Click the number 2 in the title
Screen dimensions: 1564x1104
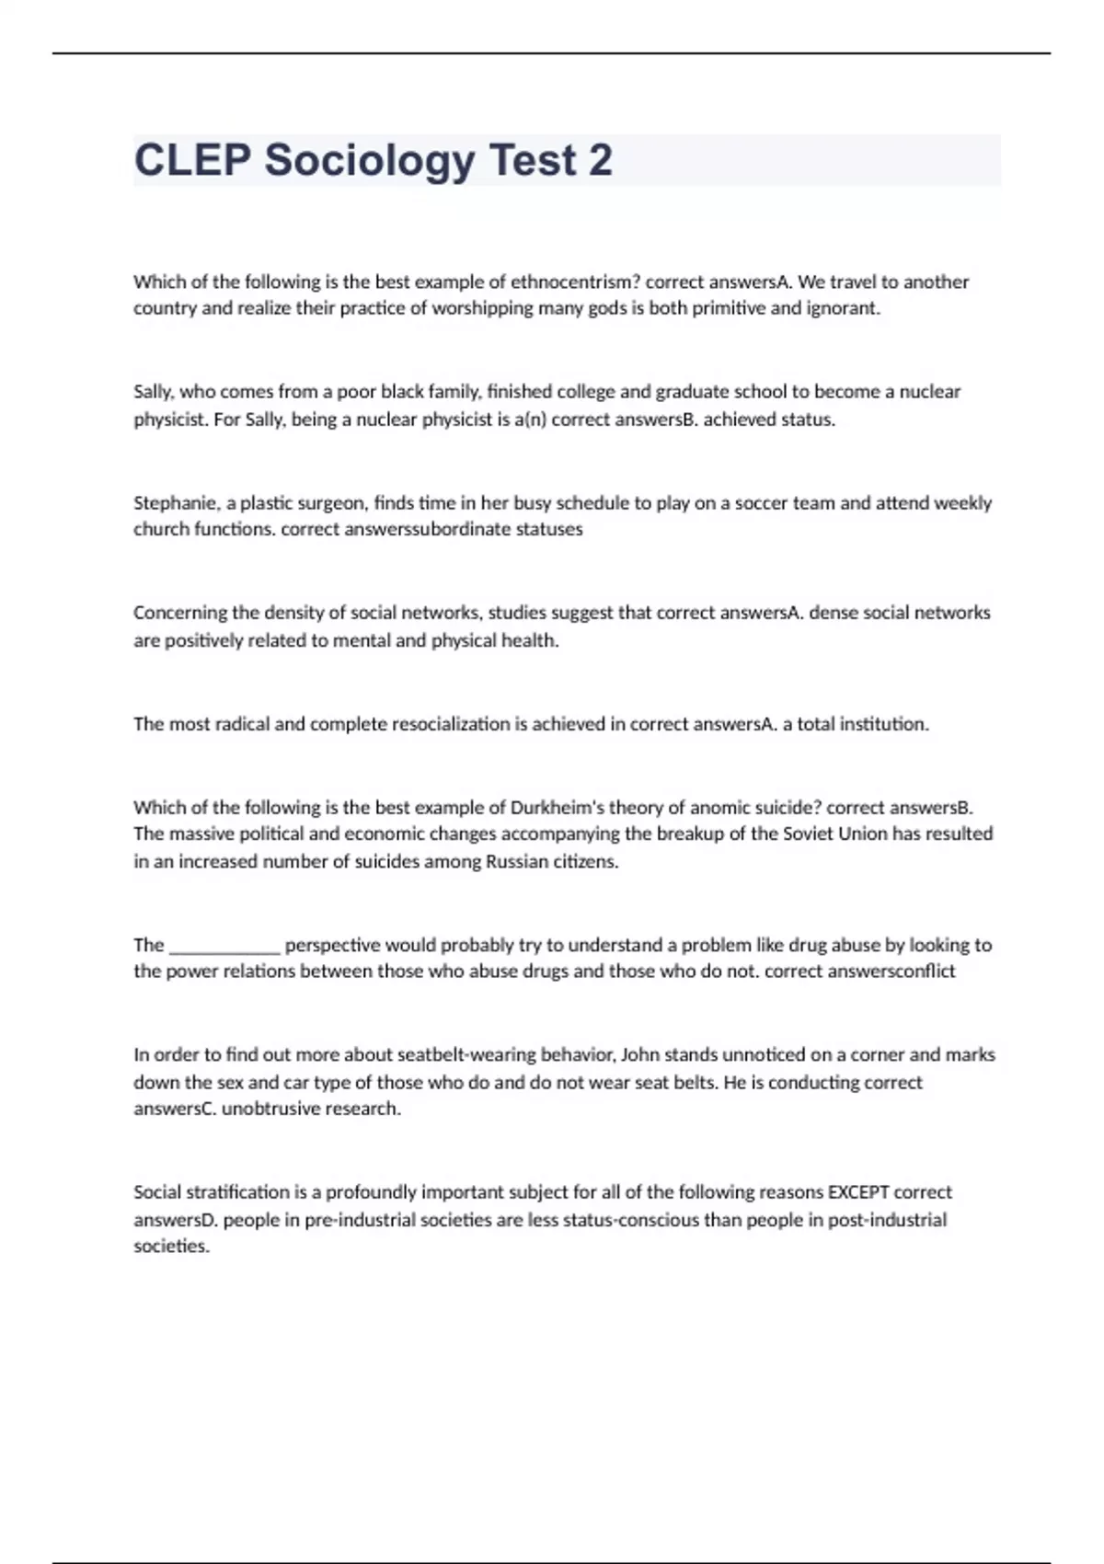click(x=600, y=160)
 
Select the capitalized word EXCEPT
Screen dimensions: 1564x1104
click(x=858, y=1192)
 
